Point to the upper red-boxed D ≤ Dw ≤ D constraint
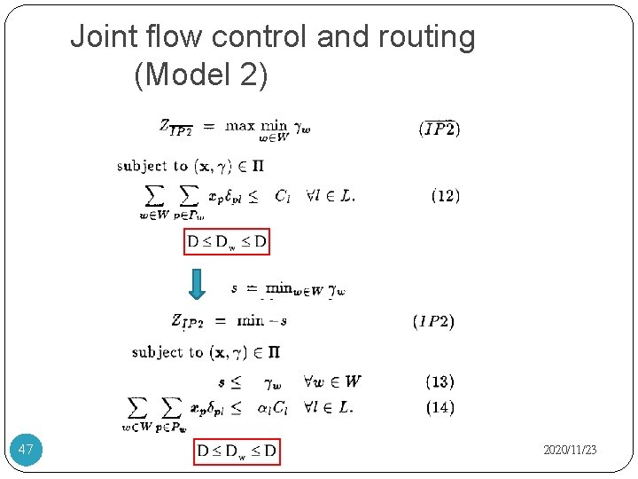point(227,240)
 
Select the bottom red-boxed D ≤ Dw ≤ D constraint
point(237,452)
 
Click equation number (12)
point(445,195)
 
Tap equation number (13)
point(440,381)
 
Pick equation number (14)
point(440,408)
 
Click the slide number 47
point(26,451)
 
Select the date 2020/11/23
point(570,451)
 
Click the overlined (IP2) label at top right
point(439,129)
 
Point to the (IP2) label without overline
point(433,321)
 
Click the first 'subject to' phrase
point(152,166)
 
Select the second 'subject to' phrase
point(167,352)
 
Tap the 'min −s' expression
point(261,320)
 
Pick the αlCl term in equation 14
point(274,408)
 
